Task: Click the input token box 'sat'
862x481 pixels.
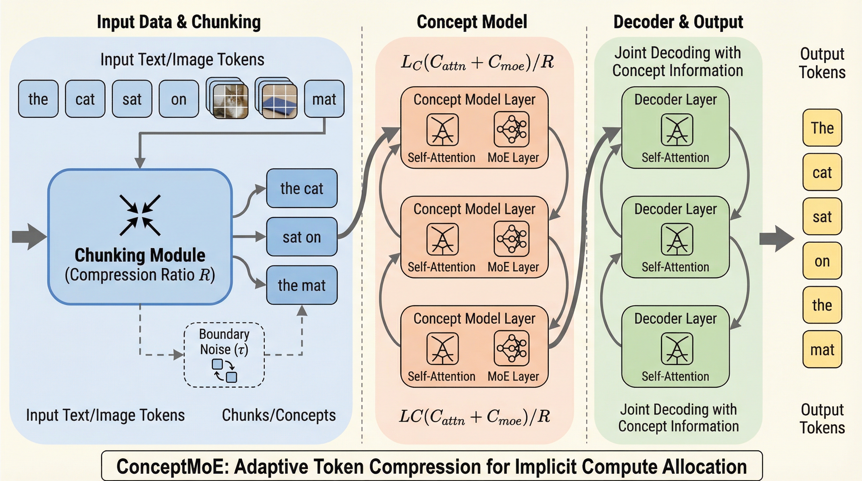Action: tap(132, 99)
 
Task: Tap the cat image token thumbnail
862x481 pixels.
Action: tap(231, 101)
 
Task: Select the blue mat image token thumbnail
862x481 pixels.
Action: tap(279, 101)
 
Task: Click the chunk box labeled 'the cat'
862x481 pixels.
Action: tap(302, 188)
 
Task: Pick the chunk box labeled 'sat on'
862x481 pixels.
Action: tap(302, 237)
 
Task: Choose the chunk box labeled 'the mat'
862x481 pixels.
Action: tap(302, 285)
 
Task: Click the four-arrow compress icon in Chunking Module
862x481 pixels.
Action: tap(140, 215)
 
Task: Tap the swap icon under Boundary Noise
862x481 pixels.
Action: tap(224, 370)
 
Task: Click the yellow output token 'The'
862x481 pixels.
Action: tap(822, 128)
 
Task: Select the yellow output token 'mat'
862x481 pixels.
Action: tap(822, 349)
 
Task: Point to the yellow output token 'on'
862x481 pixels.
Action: tap(822, 261)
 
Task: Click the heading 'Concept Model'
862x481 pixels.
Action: tap(471, 22)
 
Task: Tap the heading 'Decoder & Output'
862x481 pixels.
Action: tap(678, 22)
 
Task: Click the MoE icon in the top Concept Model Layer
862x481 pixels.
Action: tap(511, 129)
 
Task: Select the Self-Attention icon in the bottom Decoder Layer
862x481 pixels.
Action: tap(677, 349)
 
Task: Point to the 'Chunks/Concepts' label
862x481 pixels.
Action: tap(279, 415)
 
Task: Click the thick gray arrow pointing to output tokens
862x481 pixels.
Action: tap(776, 239)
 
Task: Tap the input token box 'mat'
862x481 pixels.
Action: tap(324, 99)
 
